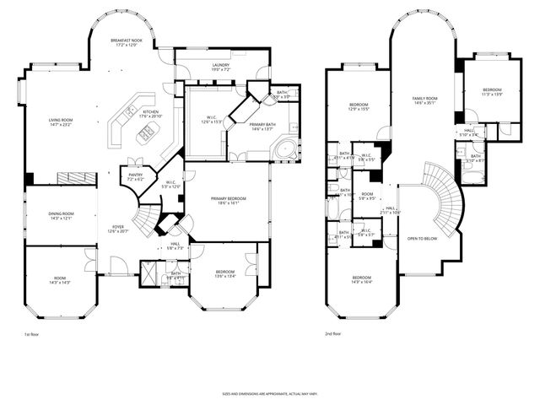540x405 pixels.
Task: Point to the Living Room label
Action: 59,122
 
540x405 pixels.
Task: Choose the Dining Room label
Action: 59,215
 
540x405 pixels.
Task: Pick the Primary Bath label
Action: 262,127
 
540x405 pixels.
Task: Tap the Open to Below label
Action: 422,238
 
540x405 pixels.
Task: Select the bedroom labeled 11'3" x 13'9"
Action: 491,91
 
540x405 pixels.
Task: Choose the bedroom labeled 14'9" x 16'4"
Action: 361,279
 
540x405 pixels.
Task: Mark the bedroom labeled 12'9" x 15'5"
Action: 360,107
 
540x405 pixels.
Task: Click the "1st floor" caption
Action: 31,335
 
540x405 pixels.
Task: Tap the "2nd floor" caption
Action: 333,335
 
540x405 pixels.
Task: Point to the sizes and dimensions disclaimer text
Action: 269,394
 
